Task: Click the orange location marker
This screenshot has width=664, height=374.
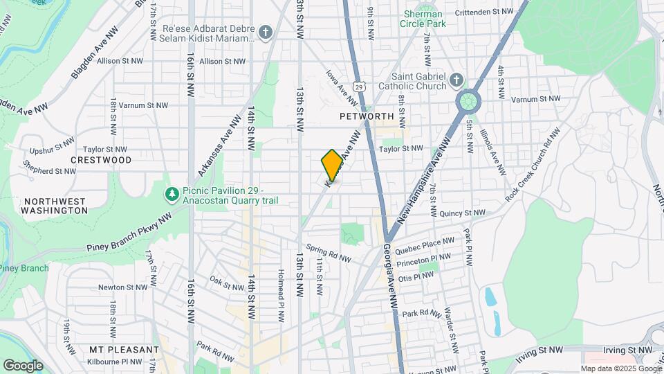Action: pyautogui.click(x=331, y=165)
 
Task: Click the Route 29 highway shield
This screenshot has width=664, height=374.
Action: pyautogui.click(x=358, y=84)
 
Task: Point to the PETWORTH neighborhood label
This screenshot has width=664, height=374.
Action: pyautogui.click(x=367, y=116)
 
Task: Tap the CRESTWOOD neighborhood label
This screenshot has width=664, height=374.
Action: pyautogui.click(x=101, y=160)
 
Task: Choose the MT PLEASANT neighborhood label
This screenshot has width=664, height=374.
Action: pyautogui.click(x=124, y=350)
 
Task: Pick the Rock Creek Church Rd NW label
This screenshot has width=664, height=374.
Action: pyautogui.click(x=531, y=173)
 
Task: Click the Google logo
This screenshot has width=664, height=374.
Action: pyautogui.click(x=23, y=365)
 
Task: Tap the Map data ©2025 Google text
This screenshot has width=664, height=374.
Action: pyautogui.click(x=620, y=368)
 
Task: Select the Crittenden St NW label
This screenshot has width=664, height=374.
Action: pyautogui.click(x=485, y=12)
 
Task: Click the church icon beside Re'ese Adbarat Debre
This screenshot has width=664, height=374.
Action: pyautogui.click(x=265, y=32)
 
